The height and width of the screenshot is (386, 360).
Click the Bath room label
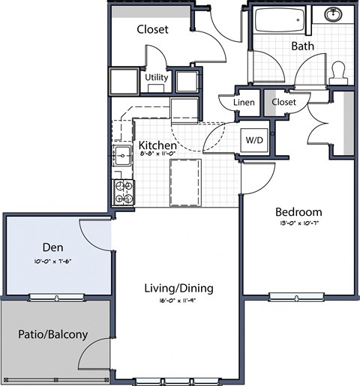pos(303,46)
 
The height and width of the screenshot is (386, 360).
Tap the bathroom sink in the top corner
pos(333,15)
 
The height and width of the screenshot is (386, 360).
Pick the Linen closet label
pos(244,103)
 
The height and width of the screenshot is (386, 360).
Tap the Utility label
pos(156,77)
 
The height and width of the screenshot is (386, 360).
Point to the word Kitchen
pos(157,145)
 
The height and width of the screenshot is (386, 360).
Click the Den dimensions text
pos(51,262)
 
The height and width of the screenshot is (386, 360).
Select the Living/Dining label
pos(178,288)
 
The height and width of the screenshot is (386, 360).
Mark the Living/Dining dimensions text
pos(178,301)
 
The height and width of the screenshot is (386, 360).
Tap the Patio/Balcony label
pos(53,335)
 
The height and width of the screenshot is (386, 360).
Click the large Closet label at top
pos(152,29)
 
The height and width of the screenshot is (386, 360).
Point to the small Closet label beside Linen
pos(283,102)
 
